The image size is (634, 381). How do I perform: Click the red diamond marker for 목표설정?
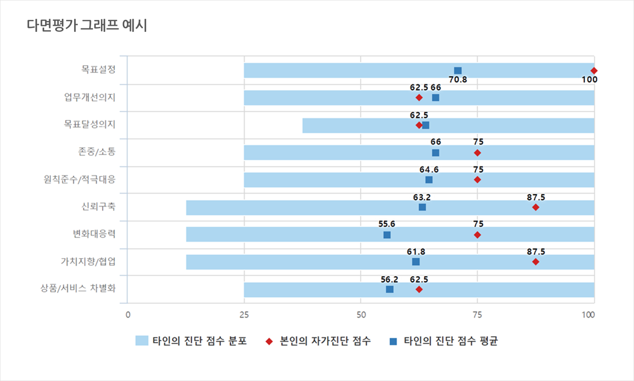tap(594, 71)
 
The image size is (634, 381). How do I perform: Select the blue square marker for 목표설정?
tap(458, 71)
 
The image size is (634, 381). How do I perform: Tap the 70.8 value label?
tap(458, 80)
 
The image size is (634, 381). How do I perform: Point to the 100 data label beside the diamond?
tap(589, 80)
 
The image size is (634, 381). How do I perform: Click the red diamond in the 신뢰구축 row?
tap(536, 207)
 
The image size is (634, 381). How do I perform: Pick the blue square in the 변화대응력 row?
tap(387, 235)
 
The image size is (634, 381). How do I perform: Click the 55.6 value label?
tap(387, 224)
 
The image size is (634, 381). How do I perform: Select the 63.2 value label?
tap(422, 198)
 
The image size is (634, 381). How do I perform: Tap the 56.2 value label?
tap(389, 280)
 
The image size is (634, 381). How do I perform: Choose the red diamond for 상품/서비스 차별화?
tap(419, 289)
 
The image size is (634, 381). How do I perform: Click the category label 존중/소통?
tap(97, 151)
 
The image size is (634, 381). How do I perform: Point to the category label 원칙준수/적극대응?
tap(79, 179)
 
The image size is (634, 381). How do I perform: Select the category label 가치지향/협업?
tap(88, 261)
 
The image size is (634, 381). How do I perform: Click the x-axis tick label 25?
tap(244, 315)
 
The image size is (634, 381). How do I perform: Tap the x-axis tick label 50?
tap(361, 315)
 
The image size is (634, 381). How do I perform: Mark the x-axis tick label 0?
tap(128, 315)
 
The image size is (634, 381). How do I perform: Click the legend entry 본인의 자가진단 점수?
tap(325, 341)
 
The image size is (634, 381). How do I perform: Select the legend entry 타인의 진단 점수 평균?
tap(450, 341)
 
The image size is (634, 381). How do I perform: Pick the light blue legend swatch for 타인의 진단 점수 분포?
tap(142, 341)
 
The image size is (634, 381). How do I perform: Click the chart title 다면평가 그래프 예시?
tap(87, 26)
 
